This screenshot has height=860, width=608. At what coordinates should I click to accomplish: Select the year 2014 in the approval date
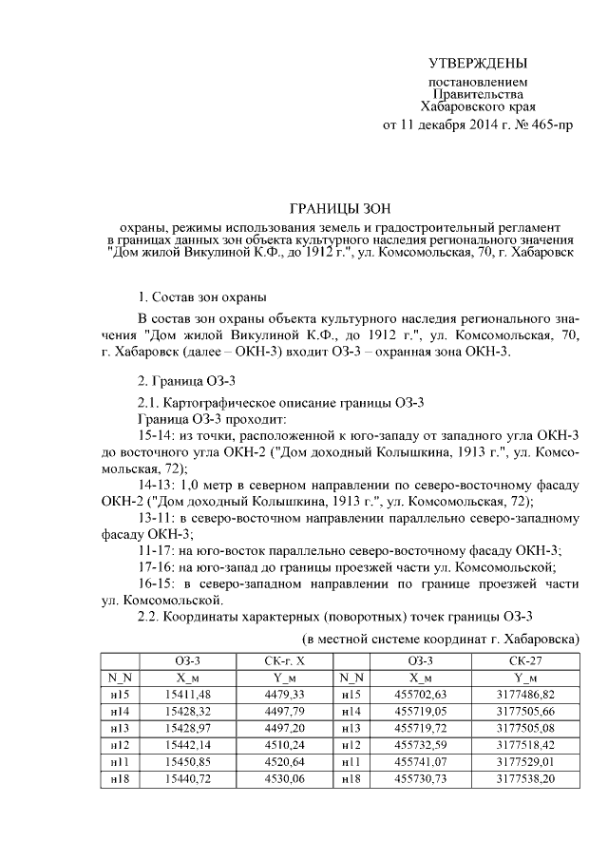pyautogui.click(x=476, y=124)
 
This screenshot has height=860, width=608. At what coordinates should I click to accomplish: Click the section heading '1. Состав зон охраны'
pyautogui.click(x=202, y=298)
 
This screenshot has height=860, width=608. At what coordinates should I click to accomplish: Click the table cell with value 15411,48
pyautogui.click(x=186, y=696)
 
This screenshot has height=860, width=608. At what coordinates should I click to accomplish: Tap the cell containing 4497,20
pyautogui.click(x=284, y=729)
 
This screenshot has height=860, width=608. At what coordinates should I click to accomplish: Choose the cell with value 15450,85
pyautogui.click(x=186, y=762)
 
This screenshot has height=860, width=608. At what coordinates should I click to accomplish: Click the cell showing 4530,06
pyautogui.click(x=284, y=778)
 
